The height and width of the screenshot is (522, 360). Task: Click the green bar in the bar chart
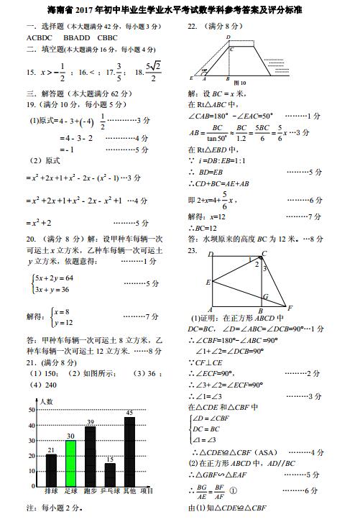pyautogui.click(x=70, y=462)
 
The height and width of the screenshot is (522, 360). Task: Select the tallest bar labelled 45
pyautogui.click(x=129, y=451)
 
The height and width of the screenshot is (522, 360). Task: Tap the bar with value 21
pyautogui.click(x=51, y=470)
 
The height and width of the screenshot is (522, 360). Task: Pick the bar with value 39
pyautogui.click(x=91, y=456)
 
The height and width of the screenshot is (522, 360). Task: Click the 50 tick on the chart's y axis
pyautogui.click(x=31, y=410)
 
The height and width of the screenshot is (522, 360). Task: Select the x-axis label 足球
pyautogui.click(x=70, y=491)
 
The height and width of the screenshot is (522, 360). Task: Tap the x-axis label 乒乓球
pyautogui.click(x=109, y=491)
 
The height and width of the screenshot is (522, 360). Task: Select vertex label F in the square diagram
pyautogui.click(x=288, y=307)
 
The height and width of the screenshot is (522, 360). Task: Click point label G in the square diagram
pyautogui.click(x=266, y=296)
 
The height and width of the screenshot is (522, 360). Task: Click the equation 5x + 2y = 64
pyautogui.click(x=54, y=278)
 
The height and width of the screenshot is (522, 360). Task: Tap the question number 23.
pyautogui.click(x=193, y=250)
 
